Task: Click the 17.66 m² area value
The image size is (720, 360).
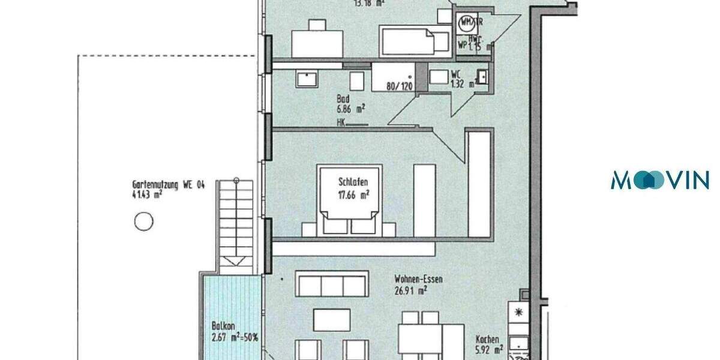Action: coord(353,194)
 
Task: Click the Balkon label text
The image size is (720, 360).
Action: coord(221,326)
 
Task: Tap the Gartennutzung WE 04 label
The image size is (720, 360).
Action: coord(169,185)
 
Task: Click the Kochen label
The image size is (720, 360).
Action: coord(487,338)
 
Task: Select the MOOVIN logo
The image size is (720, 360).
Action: coord(659,180)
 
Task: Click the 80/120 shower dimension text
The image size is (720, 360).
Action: coord(400,86)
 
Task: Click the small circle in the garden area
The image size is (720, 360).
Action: coord(143,223)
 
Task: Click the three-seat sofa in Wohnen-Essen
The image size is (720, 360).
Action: coord(332,284)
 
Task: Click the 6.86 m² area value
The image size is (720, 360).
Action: coord(351,109)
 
